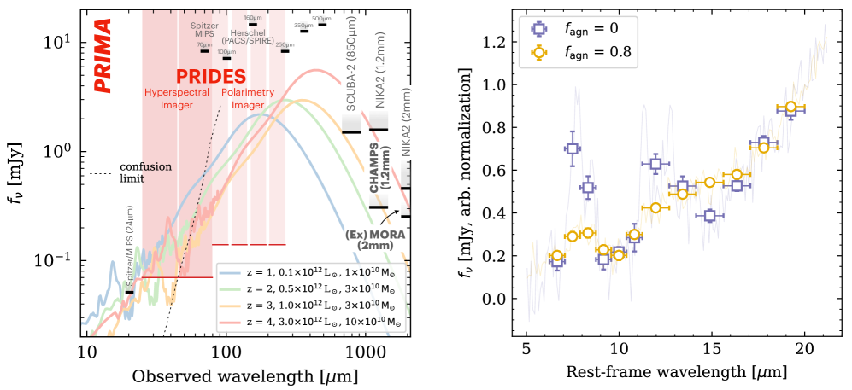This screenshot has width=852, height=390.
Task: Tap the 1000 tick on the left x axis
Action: [365, 352]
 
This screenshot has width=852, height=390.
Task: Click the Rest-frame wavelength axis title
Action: [676, 372]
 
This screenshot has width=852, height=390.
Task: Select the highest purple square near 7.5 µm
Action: [573, 148]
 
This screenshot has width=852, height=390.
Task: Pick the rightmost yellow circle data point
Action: [790, 107]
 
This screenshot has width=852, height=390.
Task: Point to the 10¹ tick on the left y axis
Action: [65, 42]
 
